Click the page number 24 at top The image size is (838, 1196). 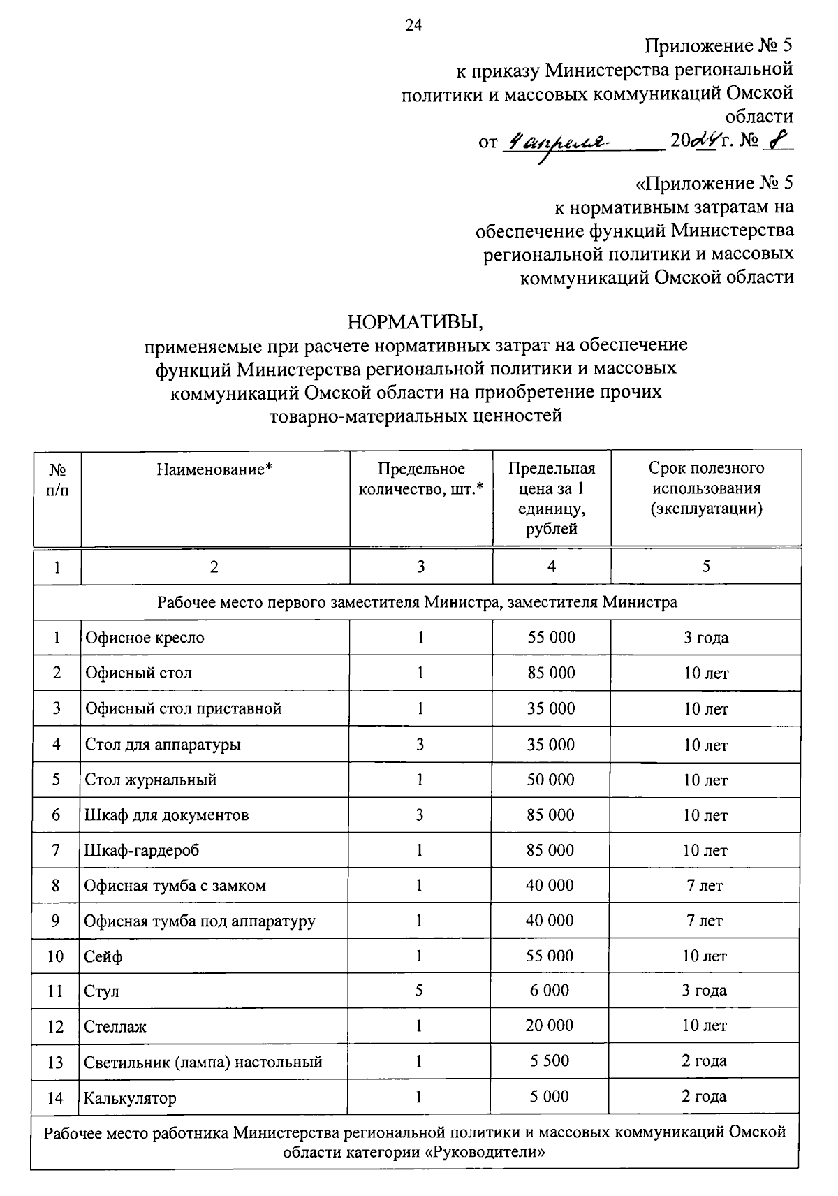[x=413, y=26]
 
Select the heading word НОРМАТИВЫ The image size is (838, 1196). [x=416, y=322]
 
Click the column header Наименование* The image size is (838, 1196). [x=214, y=469]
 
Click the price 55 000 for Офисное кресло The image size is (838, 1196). [x=551, y=637]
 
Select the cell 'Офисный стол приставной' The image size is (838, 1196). [x=183, y=708]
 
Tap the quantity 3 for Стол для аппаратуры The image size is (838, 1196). [x=420, y=744]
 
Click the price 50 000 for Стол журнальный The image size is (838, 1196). [x=550, y=780]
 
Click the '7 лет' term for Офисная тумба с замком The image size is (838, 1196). [x=705, y=886]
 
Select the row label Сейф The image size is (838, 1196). [x=103, y=956]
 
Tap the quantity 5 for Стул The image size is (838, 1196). [x=419, y=991]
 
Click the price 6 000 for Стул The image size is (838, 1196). [x=550, y=991]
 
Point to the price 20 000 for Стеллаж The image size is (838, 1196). [x=550, y=1026]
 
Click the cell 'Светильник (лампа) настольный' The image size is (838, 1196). [x=203, y=1063]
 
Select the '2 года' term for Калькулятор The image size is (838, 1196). [x=704, y=1097]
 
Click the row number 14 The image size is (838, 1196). [x=55, y=1098]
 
